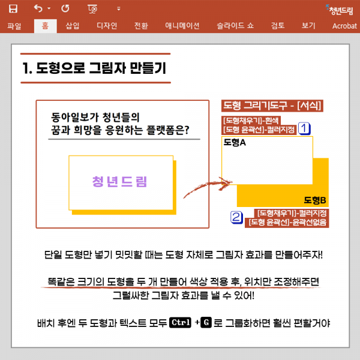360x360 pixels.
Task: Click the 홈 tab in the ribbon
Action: point(45,26)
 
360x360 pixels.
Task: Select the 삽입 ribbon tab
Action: point(72,26)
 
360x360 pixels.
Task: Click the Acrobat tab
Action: point(344,26)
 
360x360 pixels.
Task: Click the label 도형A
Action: point(235,143)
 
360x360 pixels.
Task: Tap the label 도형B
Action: point(314,200)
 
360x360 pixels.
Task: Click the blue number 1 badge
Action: point(304,128)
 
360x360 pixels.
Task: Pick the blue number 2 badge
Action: point(236,217)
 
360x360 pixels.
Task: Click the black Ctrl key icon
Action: point(181,323)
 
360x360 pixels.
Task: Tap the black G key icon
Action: point(206,323)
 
